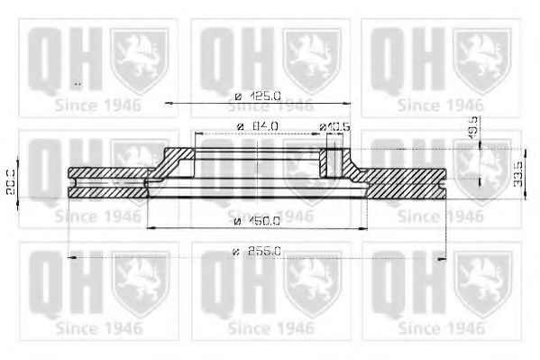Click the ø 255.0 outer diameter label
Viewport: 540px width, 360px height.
click(258, 252)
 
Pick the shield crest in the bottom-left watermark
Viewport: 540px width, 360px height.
click(139, 283)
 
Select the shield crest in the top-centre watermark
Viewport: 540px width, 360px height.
click(312, 59)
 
